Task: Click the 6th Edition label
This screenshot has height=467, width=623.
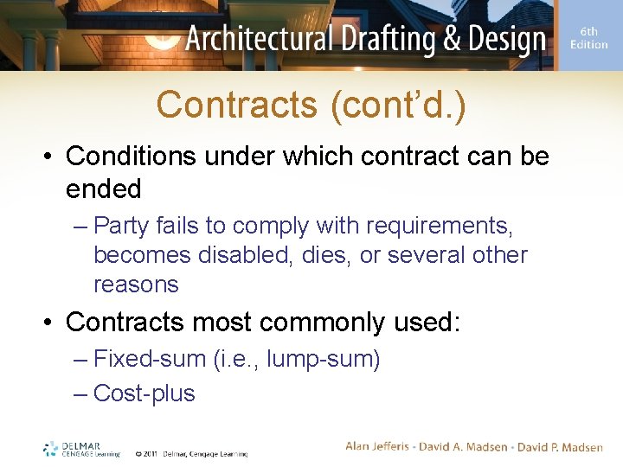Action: click(589, 38)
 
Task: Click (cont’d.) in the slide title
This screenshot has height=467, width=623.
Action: click(397, 106)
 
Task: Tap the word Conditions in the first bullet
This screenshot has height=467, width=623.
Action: click(125, 157)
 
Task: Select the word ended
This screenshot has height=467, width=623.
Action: click(103, 189)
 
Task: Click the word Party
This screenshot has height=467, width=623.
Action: click(120, 227)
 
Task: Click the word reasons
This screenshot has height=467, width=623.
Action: click(136, 285)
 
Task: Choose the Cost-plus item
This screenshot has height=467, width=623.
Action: click(145, 393)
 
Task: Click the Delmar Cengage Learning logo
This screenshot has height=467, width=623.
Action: click(81, 449)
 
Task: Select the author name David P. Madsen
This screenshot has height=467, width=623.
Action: click(561, 446)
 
